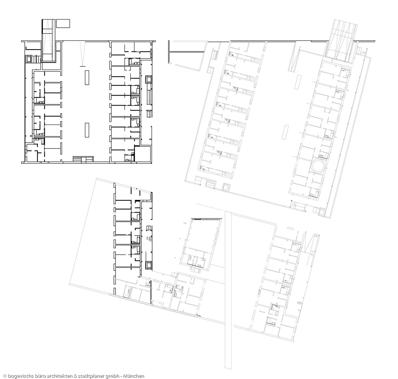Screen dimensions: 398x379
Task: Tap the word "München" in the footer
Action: tap(134, 376)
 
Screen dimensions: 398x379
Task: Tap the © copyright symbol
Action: tap(5, 376)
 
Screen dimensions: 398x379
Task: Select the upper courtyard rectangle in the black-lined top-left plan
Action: tap(87, 77)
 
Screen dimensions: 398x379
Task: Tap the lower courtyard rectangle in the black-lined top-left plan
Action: tap(87, 130)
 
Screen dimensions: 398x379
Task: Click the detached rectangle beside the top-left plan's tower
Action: tap(63, 24)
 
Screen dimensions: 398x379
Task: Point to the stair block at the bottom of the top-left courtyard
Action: tap(83, 160)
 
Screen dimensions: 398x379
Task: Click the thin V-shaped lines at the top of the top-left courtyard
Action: tap(83, 54)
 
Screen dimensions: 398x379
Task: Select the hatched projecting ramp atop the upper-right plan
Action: tap(341, 41)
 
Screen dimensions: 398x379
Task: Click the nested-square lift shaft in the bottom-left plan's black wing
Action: tap(149, 265)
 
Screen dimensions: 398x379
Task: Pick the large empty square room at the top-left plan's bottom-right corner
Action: tap(143, 154)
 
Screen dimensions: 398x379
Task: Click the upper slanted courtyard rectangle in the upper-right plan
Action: tap(298, 82)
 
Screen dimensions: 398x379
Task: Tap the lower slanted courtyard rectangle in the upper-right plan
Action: tap(285, 132)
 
